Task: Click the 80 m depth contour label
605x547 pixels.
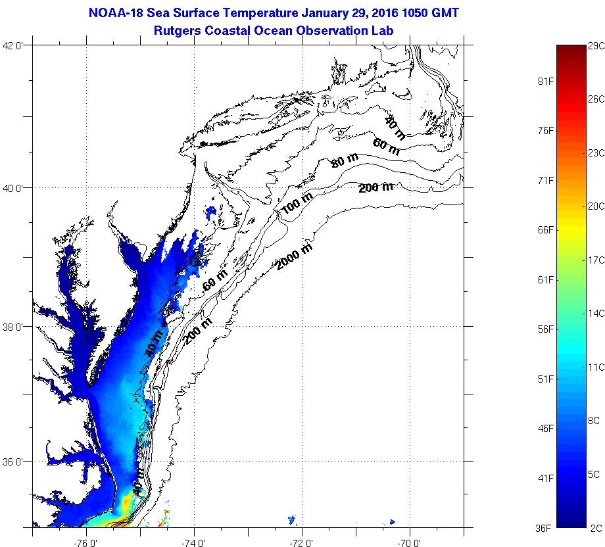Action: click(345, 160)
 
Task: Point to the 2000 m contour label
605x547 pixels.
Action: click(294, 256)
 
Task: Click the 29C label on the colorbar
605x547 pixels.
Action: click(596, 45)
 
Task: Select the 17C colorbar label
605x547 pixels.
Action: click(596, 260)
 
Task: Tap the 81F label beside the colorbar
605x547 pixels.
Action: click(546, 81)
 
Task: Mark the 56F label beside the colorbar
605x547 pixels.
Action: click(546, 329)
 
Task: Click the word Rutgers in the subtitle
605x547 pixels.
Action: click(177, 30)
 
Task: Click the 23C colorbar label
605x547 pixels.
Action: click(596, 153)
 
